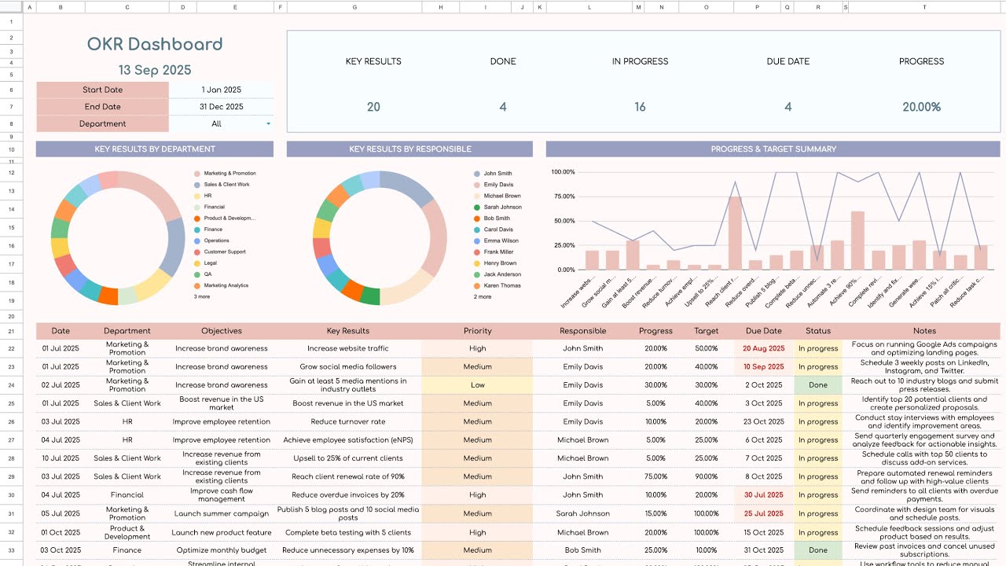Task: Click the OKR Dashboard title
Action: pos(155,45)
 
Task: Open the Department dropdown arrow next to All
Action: pos(269,124)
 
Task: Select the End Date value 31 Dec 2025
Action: pos(221,107)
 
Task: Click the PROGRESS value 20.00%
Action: pos(921,107)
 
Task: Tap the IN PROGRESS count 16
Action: pos(640,107)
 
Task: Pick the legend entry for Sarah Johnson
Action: pos(502,208)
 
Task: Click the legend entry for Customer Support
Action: pos(225,252)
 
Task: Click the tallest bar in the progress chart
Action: pos(735,233)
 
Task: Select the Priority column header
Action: pos(477,331)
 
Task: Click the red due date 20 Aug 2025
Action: pos(764,348)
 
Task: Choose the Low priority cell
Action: pos(477,385)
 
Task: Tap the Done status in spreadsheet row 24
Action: pos(817,385)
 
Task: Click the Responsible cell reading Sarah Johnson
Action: pos(583,513)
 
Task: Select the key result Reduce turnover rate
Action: pos(347,422)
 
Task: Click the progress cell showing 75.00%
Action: pos(655,476)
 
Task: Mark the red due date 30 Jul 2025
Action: pos(764,495)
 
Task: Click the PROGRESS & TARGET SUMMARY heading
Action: pos(773,149)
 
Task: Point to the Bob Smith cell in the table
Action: pos(583,550)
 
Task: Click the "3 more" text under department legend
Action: pos(202,297)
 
